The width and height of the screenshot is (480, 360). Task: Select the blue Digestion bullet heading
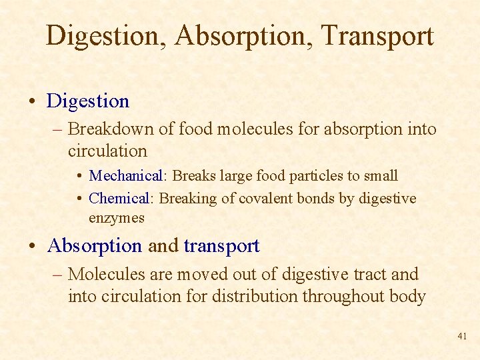88,101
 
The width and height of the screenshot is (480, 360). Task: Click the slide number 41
462,337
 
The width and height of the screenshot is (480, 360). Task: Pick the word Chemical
119,199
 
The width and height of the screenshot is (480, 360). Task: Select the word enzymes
117,218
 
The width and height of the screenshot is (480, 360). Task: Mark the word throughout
343,296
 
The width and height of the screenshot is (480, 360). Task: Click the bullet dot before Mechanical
79,177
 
